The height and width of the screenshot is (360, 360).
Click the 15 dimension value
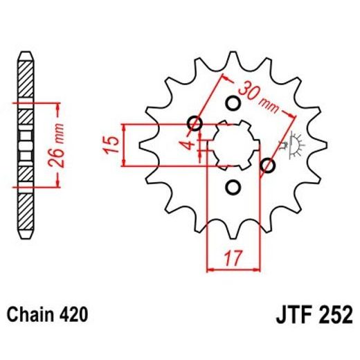click(x=110, y=145)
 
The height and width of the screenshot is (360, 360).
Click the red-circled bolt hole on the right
click(x=268, y=165)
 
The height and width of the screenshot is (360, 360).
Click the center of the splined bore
click(x=232, y=145)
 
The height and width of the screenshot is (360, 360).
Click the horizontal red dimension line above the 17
click(x=233, y=266)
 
